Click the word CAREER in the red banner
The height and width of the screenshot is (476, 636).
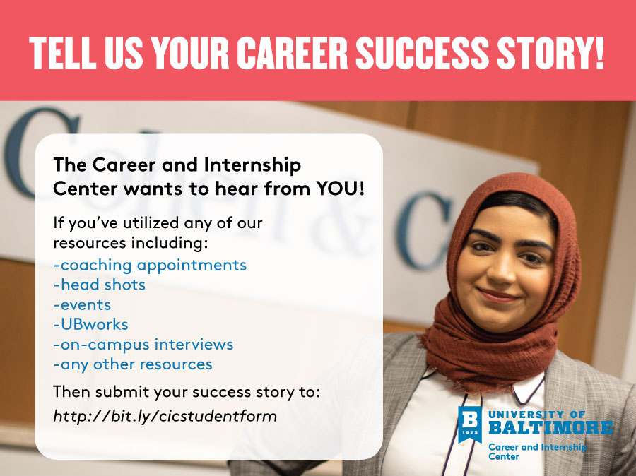click(292, 53)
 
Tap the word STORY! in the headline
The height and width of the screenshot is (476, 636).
click(550, 53)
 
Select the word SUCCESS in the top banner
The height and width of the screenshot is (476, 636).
click(423, 53)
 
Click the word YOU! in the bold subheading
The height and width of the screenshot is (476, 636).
click(341, 189)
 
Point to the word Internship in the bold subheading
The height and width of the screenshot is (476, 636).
click(252, 165)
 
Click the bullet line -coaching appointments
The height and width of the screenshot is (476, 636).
click(150, 266)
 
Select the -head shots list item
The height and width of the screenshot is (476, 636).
click(100, 285)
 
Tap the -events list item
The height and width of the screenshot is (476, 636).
click(82, 305)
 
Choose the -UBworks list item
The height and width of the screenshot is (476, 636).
click(91, 324)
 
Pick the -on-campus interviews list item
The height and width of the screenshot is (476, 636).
click(143, 345)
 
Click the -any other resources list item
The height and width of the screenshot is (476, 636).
click(133, 364)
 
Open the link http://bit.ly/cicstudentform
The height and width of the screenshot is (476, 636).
click(165, 416)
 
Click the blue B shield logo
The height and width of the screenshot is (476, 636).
click(470, 424)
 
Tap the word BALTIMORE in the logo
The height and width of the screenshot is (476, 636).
click(550, 427)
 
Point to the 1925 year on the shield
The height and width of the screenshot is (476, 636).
click(470, 433)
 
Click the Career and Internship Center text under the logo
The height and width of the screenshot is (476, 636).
click(538, 452)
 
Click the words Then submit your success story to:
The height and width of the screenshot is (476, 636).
click(187, 393)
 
